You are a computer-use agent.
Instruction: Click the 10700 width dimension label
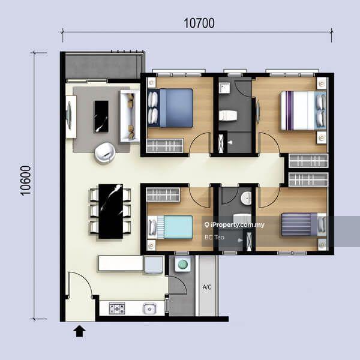pyautogui.click(x=199, y=23)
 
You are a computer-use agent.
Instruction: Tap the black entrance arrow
pyautogui.click(x=79, y=330)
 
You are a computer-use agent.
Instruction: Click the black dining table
pyautogui.click(x=109, y=210)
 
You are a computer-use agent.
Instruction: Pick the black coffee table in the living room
pyautogui.click(x=101, y=115)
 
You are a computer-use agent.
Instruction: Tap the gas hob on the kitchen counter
pyautogui.click(x=116, y=310)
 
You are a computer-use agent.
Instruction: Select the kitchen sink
pyautogui.click(x=149, y=310)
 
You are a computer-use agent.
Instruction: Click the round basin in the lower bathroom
pyautogui.click(x=246, y=199)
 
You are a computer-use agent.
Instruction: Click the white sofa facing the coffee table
pyautogui.click(x=127, y=115)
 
